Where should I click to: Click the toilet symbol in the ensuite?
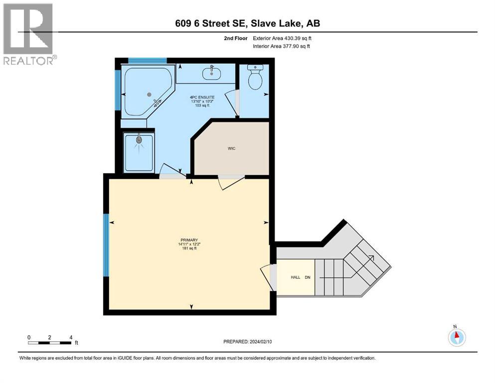click(x=255, y=79)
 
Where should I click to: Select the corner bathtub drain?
click(x=149, y=94)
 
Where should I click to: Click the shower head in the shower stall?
click(x=139, y=142)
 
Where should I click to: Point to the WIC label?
click(x=232, y=148)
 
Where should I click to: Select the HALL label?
click(x=296, y=277)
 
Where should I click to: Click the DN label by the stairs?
click(x=308, y=277)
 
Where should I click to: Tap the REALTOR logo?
click(x=29, y=34)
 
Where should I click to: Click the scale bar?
click(x=50, y=343)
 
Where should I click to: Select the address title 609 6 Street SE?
click(x=247, y=23)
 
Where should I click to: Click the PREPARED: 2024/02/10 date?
click(x=248, y=342)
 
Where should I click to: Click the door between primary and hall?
click(x=269, y=277)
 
